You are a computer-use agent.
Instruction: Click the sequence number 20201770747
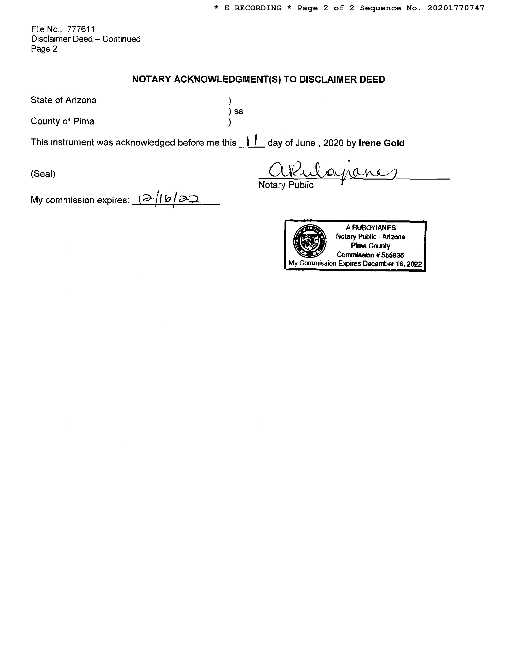(x=456, y=8)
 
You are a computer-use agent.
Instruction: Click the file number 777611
(x=81, y=29)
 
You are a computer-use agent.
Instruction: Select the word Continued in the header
(x=121, y=39)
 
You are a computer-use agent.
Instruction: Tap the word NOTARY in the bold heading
(x=152, y=80)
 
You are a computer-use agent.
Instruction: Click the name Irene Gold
(x=381, y=143)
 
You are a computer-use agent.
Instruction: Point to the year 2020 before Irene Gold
(x=333, y=143)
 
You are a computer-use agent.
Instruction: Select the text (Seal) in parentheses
(x=43, y=174)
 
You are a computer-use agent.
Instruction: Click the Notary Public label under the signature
(x=286, y=185)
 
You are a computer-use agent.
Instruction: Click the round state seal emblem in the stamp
(x=310, y=241)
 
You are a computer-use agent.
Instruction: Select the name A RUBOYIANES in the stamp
(x=371, y=228)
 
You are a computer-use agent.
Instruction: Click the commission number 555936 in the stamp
(x=393, y=255)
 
